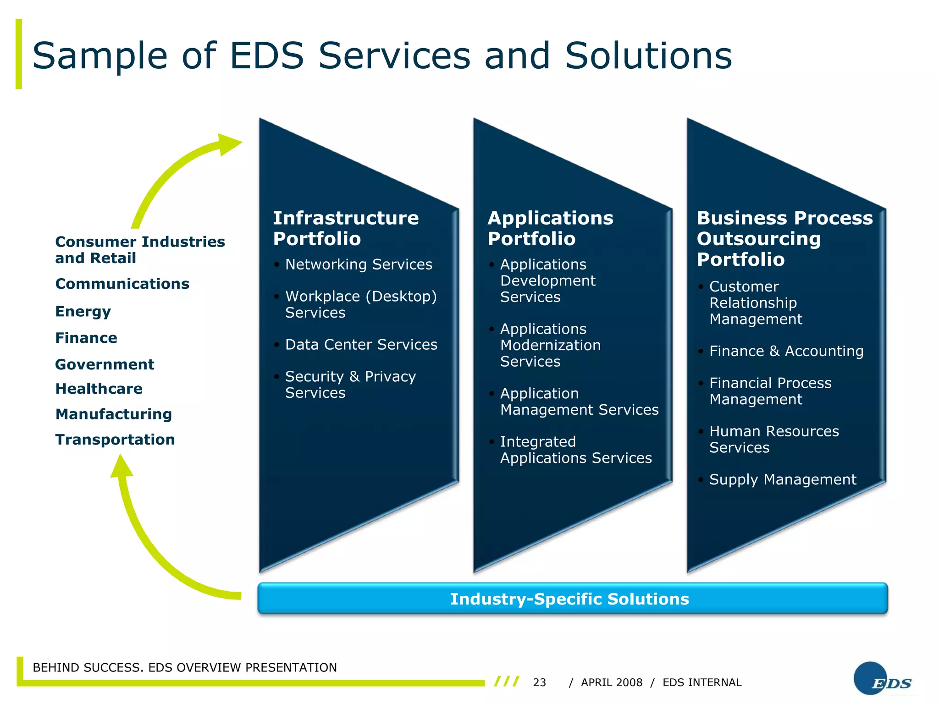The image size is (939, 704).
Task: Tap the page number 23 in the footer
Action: [x=539, y=682]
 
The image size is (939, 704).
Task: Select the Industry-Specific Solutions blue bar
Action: [x=572, y=599]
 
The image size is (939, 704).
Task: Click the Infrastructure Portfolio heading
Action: [x=346, y=228]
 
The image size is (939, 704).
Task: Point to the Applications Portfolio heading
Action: [x=550, y=228]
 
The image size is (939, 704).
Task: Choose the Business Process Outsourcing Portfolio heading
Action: [x=784, y=238]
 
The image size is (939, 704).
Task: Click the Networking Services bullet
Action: [x=359, y=264]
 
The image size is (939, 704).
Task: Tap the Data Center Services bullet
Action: [x=361, y=345]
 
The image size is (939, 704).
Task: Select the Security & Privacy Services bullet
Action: [x=350, y=385]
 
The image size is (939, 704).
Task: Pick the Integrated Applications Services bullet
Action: [x=575, y=450]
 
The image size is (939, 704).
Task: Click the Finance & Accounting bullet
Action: [x=786, y=351]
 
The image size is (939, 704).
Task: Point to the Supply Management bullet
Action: [x=782, y=479]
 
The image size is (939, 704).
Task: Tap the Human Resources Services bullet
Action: [x=774, y=439]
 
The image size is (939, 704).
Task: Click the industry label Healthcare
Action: [x=99, y=389]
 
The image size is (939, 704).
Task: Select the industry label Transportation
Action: [x=115, y=440]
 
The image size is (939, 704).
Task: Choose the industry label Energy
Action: [x=83, y=312]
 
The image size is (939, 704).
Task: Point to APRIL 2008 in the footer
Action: [x=611, y=682]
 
